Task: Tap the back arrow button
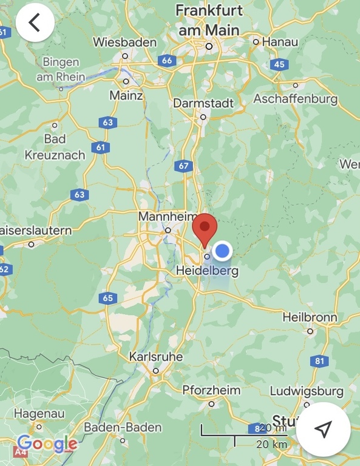tap(35, 22)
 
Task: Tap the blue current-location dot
tap(223, 250)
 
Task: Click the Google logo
tap(47, 444)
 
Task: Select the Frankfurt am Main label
tap(209, 19)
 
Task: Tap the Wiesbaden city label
tap(124, 42)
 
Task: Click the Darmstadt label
tap(203, 103)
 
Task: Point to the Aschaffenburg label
tap(295, 98)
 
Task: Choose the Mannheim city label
tap(168, 217)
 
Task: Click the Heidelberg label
tap(206, 271)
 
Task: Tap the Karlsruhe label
tap(155, 357)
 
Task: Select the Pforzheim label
tap(211, 390)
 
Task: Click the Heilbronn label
tap(310, 317)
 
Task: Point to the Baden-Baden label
tap(123, 427)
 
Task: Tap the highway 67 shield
tap(182, 166)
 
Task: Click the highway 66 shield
tap(166, 60)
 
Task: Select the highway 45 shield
tap(279, 64)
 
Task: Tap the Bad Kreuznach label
tap(55, 147)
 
